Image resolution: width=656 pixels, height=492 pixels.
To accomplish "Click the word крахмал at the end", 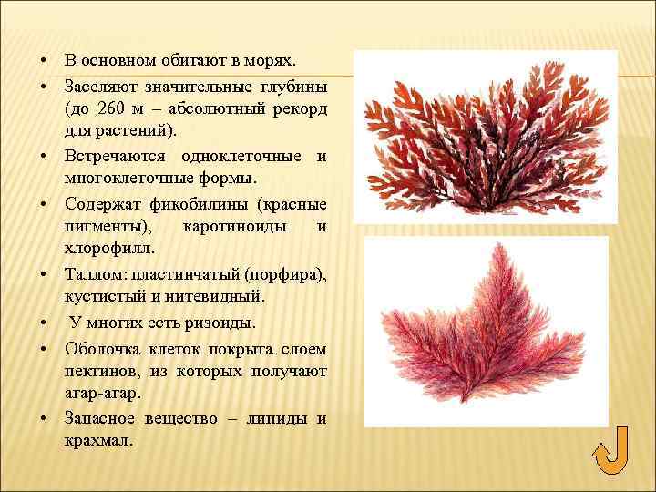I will point(98,440).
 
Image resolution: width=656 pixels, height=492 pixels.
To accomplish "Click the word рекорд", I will point(295,108).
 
